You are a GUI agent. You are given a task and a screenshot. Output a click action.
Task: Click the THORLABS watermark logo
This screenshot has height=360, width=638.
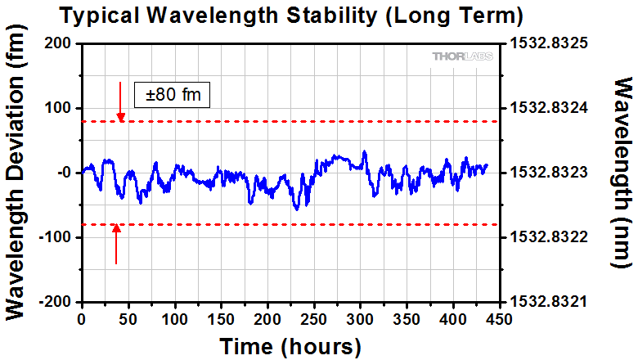coord(461,56)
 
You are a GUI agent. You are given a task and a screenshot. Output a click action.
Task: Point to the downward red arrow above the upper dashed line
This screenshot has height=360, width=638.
coord(120,101)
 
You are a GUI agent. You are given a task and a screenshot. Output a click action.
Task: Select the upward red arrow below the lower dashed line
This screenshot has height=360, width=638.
coord(116,244)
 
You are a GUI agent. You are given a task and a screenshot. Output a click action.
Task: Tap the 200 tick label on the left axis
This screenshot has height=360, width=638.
coord(59,43)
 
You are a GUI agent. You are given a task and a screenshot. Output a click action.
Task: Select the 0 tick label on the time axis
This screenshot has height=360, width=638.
coord(82,318)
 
